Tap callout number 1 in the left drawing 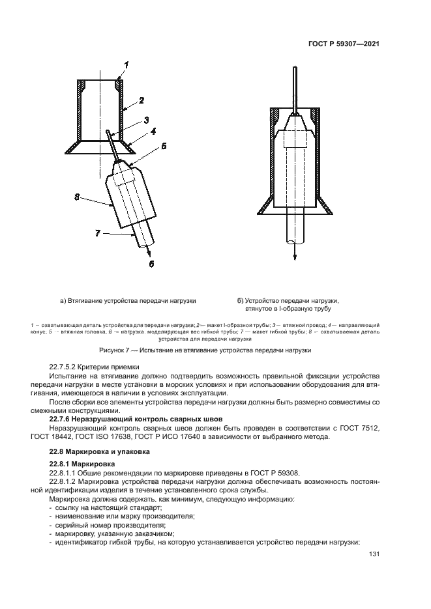[x=127, y=64]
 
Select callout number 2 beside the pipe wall [x=142, y=101]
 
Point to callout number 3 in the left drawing [x=147, y=119]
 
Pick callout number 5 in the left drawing [x=164, y=147]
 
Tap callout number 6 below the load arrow [x=151, y=263]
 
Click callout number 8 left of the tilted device [x=76, y=195]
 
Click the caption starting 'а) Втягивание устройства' [x=128, y=300]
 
